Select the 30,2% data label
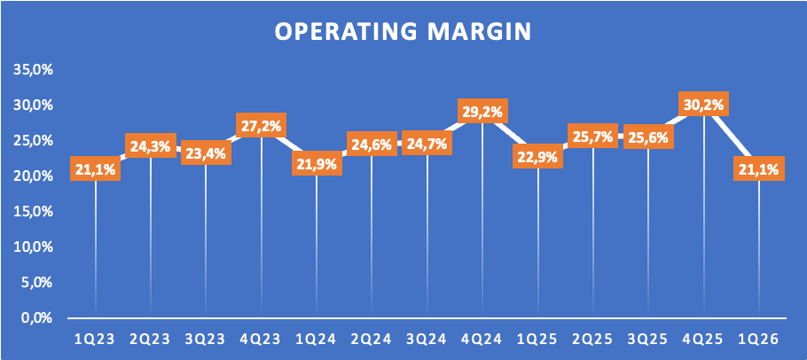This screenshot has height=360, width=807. (703, 105)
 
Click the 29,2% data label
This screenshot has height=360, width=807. (482, 111)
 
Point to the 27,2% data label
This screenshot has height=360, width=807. (261, 126)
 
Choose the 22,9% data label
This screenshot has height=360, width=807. (537, 156)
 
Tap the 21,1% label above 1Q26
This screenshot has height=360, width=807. (759, 168)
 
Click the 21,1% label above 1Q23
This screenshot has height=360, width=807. (95, 168)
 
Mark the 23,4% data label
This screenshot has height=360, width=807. (206, 153)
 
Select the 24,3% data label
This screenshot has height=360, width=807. (151, 146)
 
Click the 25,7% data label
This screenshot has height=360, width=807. (593, 136)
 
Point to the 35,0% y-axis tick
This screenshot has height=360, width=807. (34, 70)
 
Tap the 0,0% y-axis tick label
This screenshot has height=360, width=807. (37, 318)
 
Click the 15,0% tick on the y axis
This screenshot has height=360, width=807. (34, 212)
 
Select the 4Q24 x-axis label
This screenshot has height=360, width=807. (482, 340)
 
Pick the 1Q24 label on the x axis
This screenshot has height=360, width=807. (317, 340)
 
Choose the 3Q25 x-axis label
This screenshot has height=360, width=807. (648, 340)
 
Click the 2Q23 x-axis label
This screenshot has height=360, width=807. (151, 340)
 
